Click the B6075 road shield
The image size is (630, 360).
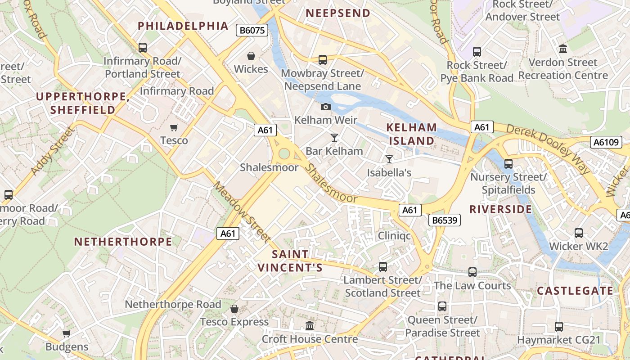coord(252,31)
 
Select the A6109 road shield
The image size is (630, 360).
coord(606,143)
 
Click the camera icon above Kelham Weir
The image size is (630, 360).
coord(325,107)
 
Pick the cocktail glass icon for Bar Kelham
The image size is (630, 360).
coord(334,138)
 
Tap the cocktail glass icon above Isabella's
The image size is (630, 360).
coord(389,159)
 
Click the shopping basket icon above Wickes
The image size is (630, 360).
coord(251,56)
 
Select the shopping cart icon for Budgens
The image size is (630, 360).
coord(67,334)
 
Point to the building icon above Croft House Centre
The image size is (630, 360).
coord(310,325)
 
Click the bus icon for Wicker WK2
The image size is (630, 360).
coord(579,233)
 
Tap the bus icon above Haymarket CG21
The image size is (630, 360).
coord(559,327)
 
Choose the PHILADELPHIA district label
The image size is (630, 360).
coord(183,26)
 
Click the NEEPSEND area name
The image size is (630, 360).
coord(338,13)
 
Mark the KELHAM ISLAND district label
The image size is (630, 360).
coord(412,134)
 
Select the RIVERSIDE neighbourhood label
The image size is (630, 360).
coord(501,209)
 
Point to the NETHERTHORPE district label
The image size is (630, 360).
coord(123,242)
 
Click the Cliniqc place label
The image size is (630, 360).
coord(394,235)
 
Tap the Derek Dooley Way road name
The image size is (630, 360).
coord(547,148)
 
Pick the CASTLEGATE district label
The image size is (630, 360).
coord(575,291)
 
